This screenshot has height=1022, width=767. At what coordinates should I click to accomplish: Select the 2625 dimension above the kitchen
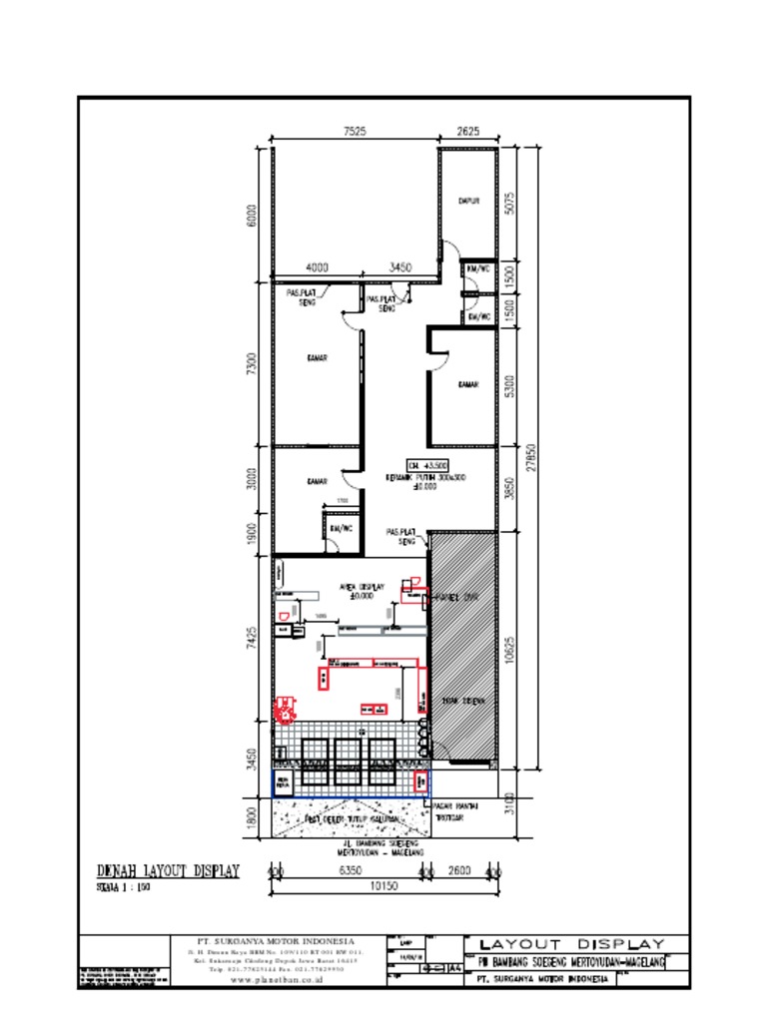coord(469,131)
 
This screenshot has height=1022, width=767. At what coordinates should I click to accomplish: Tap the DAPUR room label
coord(468,201)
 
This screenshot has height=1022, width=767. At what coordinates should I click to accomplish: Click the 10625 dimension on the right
coord(509,651)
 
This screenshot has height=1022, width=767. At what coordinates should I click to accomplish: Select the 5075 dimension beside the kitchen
coord(509,204)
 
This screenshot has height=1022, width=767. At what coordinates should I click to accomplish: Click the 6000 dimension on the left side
coord(253,215)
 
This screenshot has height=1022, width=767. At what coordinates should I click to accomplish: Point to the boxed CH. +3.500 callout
coord(427,465)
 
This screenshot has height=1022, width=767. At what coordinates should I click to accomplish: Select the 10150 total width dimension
coord(383,886)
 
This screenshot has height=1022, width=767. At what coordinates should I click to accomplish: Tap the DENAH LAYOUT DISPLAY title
coord(168,871)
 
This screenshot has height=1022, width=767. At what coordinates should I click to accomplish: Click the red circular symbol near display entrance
coord(287,710)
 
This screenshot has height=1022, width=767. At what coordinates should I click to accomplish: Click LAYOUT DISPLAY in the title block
coord(572,944)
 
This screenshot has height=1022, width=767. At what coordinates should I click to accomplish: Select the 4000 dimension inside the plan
coord(317,267)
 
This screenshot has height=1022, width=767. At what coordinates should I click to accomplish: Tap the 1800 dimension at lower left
coord(253,817)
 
